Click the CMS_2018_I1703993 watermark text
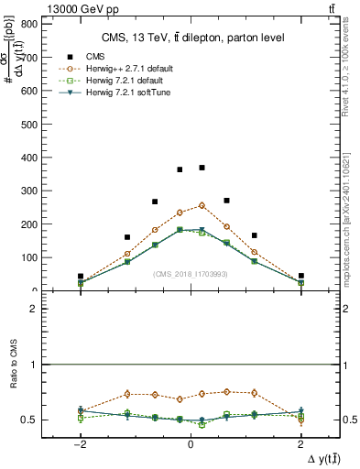click(x=190, y=274)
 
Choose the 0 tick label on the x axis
click(x=190, y=443)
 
